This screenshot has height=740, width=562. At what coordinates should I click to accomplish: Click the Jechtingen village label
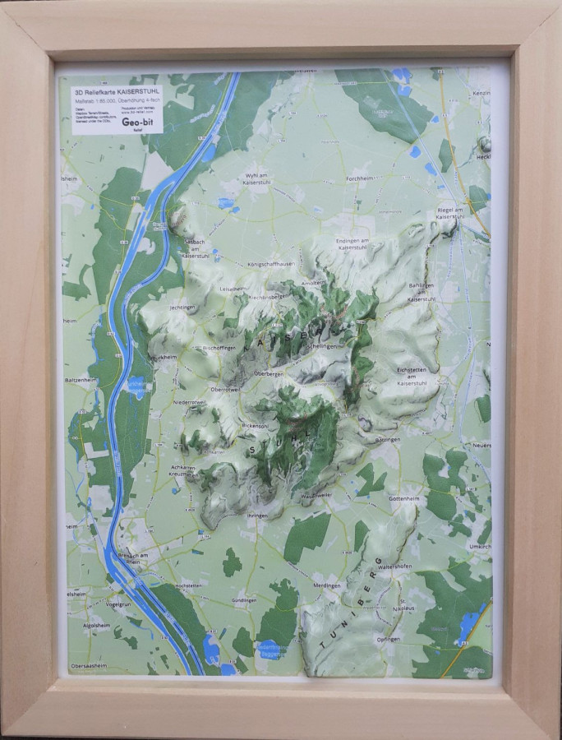coord(184,307)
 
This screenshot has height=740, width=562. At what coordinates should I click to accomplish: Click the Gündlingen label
coord(246,601)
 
